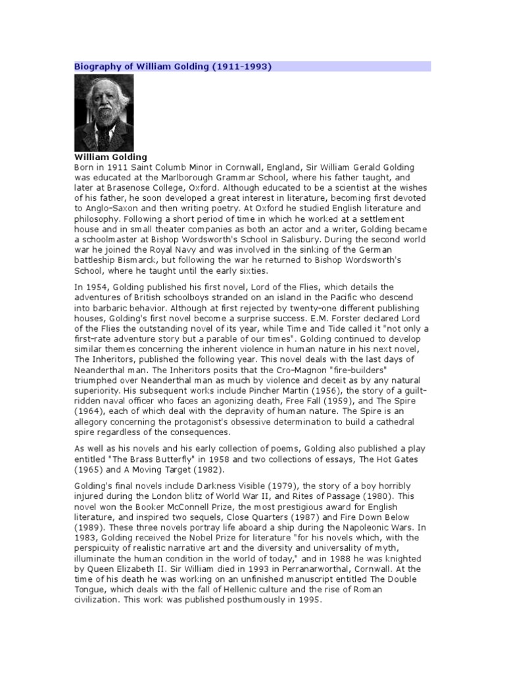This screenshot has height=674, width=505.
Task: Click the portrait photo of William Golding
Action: click(x=103, y=113)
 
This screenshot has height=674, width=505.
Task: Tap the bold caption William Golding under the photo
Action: click(x=110, y=157)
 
